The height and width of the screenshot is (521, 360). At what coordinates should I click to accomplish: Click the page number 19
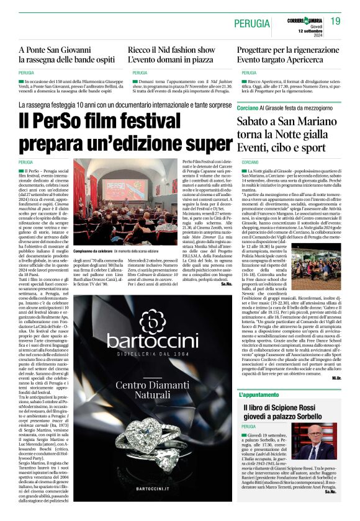[336, 21]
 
